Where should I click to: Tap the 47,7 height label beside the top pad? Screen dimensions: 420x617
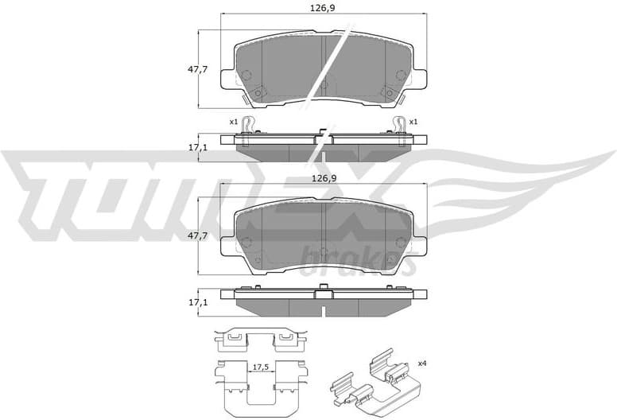pyautogui.click(x=197, y=70)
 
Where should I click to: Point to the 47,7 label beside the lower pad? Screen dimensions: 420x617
pyautogui.click(x=197, y=236)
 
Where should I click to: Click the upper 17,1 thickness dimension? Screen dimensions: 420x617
pyautogui.click(x=197, y=148)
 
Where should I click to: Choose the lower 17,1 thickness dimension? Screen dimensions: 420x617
pyautogui.click(x=197, y=303)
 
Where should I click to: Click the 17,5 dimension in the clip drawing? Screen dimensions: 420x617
pyautogui.click(x=258, y=367)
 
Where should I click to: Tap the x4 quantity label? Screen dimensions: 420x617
pyautogui.click(x=422, y=364)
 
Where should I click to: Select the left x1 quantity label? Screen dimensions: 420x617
pyautogui.click(x=233, y=122)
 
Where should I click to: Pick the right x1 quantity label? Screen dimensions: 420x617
pyautogui.click(x=413, y=122)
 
